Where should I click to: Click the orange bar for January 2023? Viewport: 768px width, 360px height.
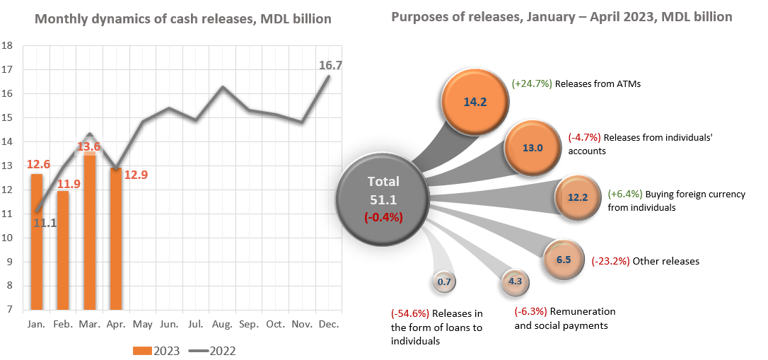(36, 240)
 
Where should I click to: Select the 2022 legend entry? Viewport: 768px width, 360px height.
(211, 351)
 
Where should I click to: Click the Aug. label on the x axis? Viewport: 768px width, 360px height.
(223, 324)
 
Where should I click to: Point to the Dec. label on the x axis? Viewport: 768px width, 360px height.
(330, 324)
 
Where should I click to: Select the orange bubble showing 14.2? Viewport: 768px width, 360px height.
(475, 101)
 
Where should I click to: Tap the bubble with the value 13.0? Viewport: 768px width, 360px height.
(532, 148)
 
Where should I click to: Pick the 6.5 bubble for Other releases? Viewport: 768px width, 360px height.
(564, 260)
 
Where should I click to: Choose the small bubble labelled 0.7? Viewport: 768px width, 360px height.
(445, 282)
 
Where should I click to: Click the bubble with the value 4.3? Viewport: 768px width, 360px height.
(515, 281)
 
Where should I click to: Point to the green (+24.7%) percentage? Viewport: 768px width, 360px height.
(532, 83)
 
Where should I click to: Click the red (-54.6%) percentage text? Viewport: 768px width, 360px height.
(410, 313)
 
